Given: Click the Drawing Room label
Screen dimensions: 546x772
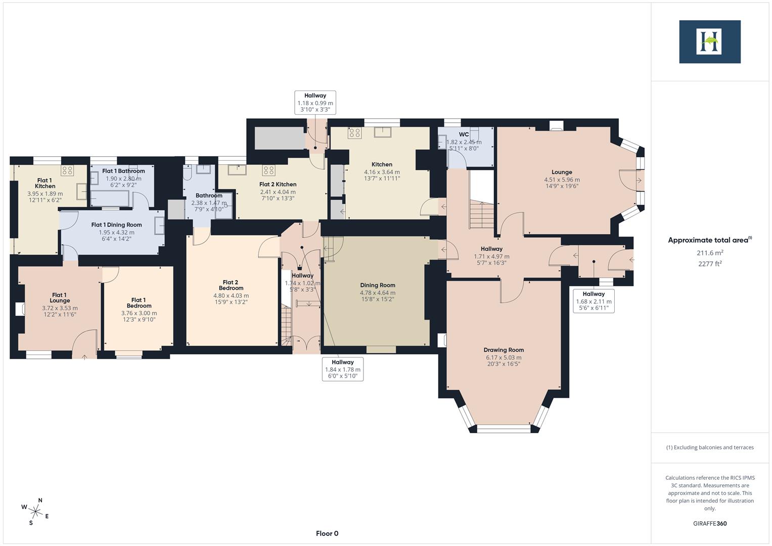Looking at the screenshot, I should coord(504,350).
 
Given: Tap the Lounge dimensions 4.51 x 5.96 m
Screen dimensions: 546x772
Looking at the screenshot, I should coord(562,179).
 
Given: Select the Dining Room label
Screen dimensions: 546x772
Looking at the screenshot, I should coord(378,285).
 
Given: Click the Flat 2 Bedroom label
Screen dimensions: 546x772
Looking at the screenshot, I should coord(231,285).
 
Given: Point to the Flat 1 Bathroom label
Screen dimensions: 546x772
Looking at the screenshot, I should coord(123,171).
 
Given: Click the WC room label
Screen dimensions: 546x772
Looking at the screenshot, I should coord(464,134).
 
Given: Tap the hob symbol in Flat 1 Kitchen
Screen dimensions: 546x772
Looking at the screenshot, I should coord(67,170).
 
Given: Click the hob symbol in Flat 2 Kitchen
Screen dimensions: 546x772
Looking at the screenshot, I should coord(268,170).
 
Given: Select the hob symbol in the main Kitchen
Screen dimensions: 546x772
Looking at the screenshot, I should coord(354,133).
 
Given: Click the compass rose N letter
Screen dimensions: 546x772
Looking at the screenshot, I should coord(40,500).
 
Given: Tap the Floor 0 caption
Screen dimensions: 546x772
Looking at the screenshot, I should coord(327,533).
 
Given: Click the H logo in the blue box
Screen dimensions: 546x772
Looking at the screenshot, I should coord(709,41).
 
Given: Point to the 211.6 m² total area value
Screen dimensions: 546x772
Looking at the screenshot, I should coord(710,253).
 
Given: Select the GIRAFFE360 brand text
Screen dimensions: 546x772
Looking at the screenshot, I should coord(710,523).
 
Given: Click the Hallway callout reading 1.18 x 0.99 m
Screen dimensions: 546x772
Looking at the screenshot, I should coord(315,103).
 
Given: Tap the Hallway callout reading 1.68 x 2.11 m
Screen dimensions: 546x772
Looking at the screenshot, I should coord(594,301).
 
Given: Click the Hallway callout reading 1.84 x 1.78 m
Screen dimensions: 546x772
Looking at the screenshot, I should coord(343,369).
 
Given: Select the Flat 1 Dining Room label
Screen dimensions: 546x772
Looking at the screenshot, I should coord(116,225).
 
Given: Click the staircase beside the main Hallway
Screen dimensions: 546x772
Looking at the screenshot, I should coord(481,215).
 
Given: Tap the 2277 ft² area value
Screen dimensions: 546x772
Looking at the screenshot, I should coord(710,263).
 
